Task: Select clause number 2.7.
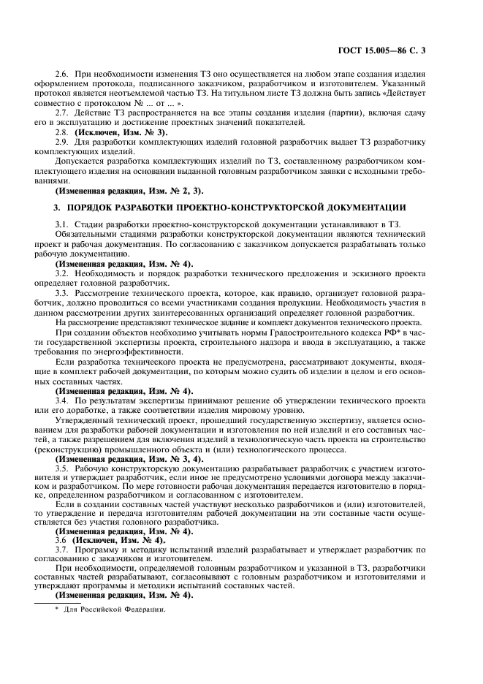[64, 115]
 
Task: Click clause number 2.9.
[64, 142]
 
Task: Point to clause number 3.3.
[64, 292]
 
